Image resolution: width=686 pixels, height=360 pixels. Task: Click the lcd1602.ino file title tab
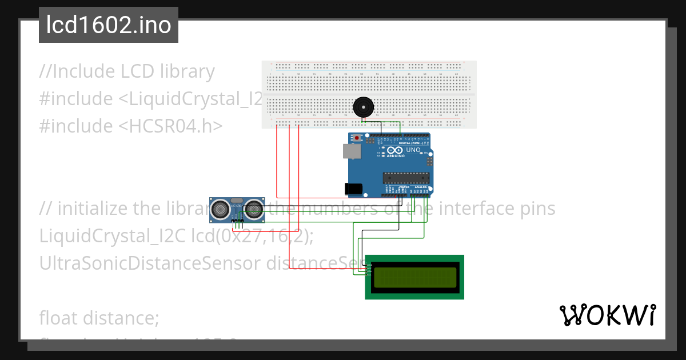point(109,25)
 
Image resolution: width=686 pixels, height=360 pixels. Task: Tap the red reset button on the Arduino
point(357,138)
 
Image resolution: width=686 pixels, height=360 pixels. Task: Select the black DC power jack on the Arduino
point(353,188)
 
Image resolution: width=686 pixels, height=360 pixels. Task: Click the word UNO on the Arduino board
point(413,150)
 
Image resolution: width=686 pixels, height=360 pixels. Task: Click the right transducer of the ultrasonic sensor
point(254,210)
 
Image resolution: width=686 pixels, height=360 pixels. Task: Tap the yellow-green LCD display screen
point(414,277)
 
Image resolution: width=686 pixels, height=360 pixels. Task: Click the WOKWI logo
point(607,315)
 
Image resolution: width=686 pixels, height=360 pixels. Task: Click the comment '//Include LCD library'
point(127,71)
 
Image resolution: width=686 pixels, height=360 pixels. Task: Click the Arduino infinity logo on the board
point(394,150)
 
